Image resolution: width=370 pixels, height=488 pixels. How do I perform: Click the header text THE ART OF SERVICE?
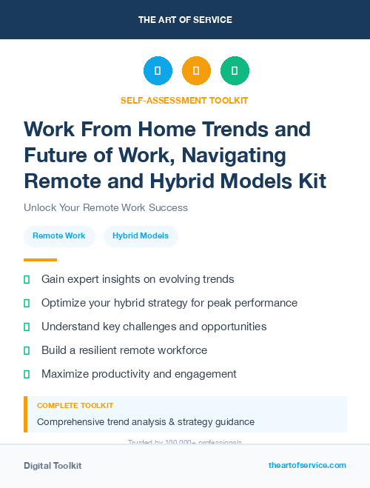[x=184, y=20]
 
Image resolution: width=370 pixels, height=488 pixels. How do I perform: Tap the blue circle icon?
[x=158, y=71]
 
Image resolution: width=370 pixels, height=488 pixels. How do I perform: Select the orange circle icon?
[x=196, y=71]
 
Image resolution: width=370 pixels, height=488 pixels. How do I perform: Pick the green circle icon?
[x=235, y=71]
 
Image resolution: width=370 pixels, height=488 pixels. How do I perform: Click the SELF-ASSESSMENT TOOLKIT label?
[x=184, y=100]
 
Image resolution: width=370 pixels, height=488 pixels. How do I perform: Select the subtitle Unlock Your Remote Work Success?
[x=106, y=208]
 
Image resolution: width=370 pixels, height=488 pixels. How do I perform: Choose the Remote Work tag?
[x=59, y=236]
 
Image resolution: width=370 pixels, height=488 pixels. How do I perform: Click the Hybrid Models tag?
[x=141, y=236]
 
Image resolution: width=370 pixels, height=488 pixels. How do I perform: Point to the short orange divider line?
[x=40, y=260]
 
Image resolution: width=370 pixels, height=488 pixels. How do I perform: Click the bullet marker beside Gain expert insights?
[x=27, y=280]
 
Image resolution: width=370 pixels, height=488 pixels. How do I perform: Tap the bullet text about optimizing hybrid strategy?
[x=169, y=303]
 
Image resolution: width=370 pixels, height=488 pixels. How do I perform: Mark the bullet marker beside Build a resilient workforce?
[x=27, y=350]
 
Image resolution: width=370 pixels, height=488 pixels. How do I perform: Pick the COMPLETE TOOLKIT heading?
[x=75, y=406]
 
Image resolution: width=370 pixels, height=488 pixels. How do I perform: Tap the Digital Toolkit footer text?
[x=53, y=466]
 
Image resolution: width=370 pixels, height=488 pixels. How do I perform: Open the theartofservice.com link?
[x=307, y=465]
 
